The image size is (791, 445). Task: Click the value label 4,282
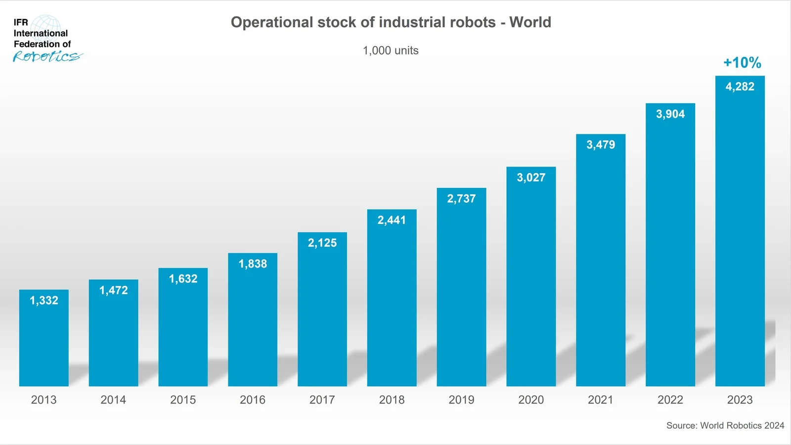pos(740,87)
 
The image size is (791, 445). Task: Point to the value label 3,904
pos(670,114)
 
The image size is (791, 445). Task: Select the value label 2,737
pos(461,199)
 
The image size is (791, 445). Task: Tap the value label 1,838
pos(253,264)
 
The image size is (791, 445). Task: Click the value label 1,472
pos(113,290)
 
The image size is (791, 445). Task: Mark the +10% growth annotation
pos(742,63)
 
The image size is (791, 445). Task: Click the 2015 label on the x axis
pos(183,400)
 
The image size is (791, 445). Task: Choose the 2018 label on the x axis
pos(392,400)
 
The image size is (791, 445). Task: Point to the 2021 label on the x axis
pos(600,400)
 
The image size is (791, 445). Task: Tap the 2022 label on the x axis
pos(670,400)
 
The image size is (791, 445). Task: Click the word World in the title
pos(530,22)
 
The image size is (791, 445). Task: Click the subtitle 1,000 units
pos(391,50)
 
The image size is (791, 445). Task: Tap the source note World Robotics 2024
pos(725,425)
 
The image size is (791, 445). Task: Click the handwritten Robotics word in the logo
pos(47,57)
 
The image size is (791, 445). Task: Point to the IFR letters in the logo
pos(21,22)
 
